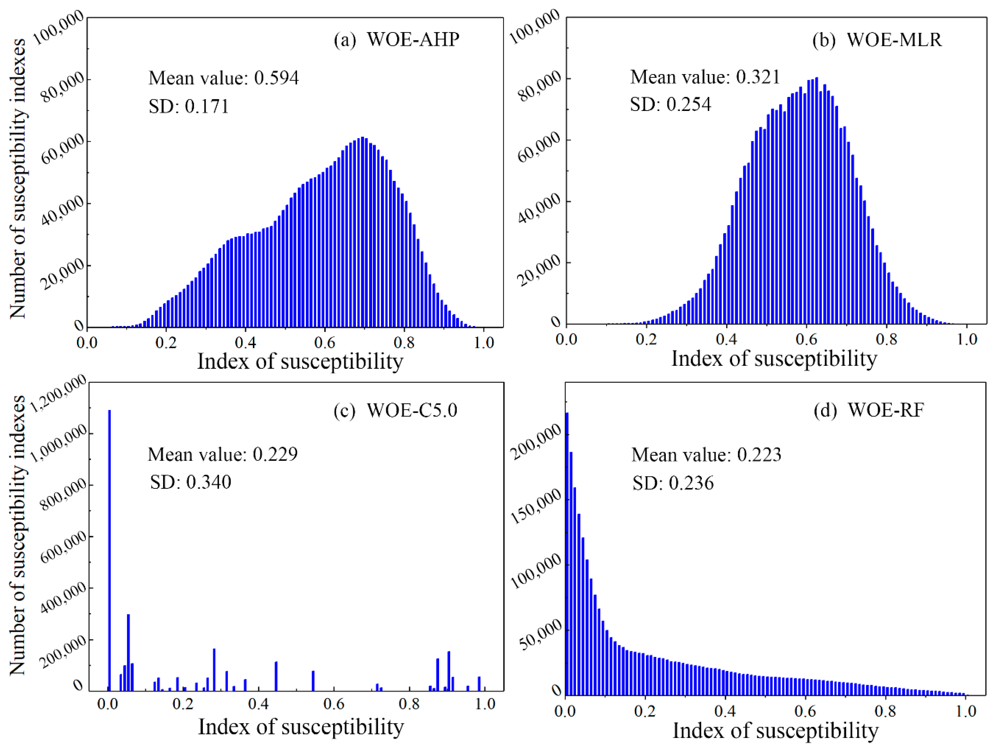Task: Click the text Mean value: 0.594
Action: [x=224, y=78]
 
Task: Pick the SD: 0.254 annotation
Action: [x=670, y=104]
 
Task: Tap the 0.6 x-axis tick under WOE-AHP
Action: [x=325, y=343]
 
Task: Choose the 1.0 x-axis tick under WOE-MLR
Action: [x=966, y=339]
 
